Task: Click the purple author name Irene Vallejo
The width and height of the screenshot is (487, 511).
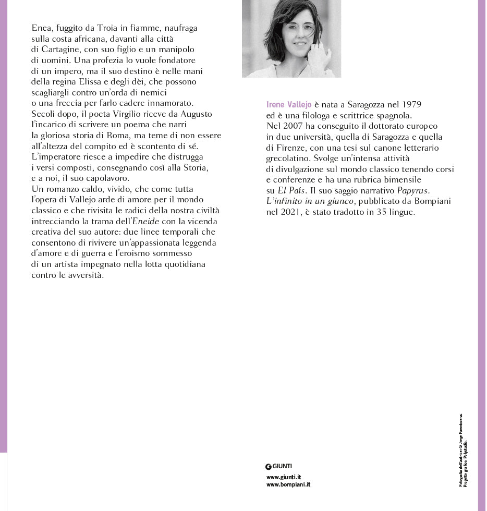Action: [289, 105]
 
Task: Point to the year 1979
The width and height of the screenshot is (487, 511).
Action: [411, 105]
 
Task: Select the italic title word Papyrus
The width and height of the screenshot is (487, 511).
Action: [413, 191]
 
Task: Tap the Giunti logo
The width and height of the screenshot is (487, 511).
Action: [279, 466]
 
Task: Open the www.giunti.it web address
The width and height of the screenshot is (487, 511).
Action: [283, 477]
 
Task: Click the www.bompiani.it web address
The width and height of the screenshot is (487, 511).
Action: [288, 484]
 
